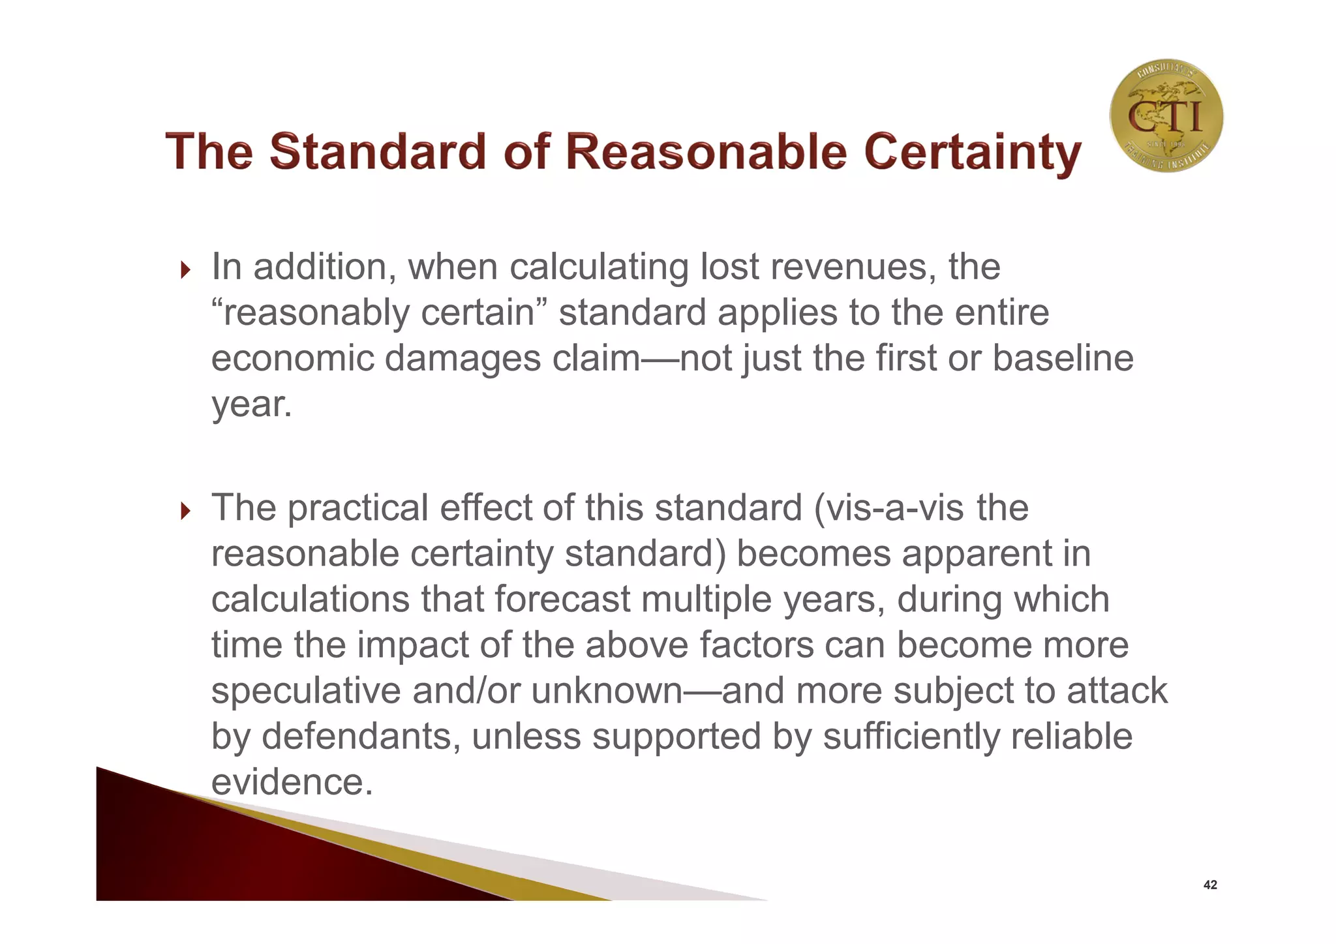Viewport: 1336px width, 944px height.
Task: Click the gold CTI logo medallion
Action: click(1166, 116)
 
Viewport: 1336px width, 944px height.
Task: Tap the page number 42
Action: click(1209, 885)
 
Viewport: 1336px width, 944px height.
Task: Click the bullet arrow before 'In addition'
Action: click(185, 269)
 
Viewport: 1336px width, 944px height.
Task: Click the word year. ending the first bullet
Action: click(251, 404)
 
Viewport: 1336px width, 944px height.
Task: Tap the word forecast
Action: click(562, 599)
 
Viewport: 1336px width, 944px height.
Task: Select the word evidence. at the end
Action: click(292, 782)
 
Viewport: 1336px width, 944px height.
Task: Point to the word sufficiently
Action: click(911, 736)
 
